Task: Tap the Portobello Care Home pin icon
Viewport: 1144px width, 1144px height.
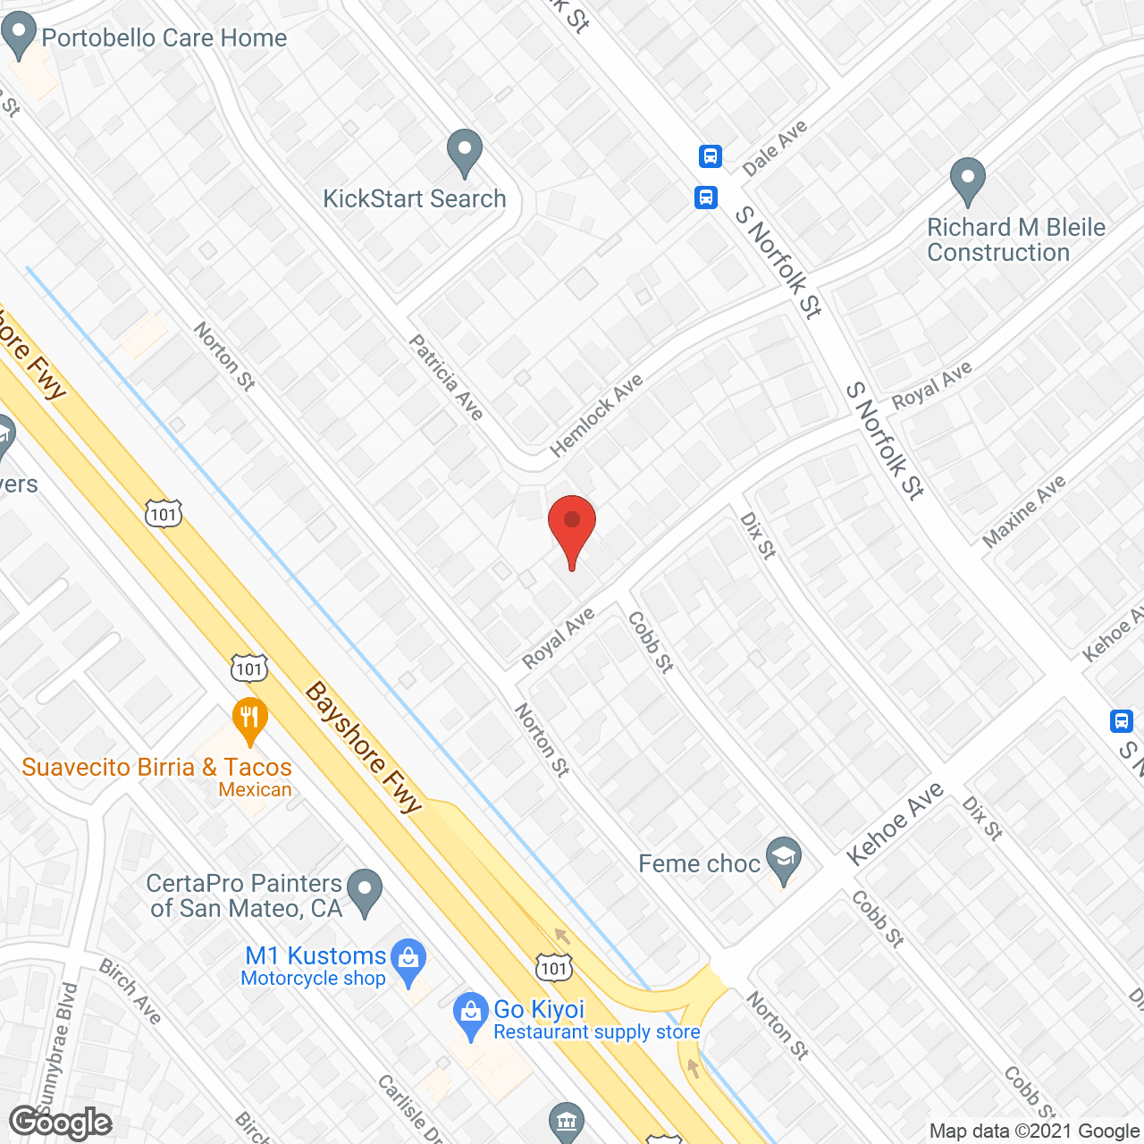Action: click(x=18, y=36)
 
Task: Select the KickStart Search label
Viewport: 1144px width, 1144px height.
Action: click(x=414, y=198)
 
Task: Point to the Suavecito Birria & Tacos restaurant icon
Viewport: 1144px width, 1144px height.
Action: click(x=250, y=718)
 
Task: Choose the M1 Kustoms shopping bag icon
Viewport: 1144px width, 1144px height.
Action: click(x=408, y=959)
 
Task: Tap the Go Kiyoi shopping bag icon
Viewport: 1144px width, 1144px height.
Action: click(x=469, y=1014)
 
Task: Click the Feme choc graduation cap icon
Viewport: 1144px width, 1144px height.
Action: click(x=784, y=858)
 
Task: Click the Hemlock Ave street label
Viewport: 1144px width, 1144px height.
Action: click(x=596, y=415)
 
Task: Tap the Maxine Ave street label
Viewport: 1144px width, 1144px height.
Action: click(x=1024, y=510)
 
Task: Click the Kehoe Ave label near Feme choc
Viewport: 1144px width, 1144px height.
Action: click(x=895, y=823)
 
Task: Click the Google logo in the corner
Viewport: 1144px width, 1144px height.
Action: click(x=60, y=1123)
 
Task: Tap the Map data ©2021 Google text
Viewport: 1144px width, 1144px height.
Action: click(x=1035, y=1131)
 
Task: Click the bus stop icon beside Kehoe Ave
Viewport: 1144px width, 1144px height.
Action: click(x=1121, y=720)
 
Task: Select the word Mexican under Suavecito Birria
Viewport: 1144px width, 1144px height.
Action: click(x=255, y=790)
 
